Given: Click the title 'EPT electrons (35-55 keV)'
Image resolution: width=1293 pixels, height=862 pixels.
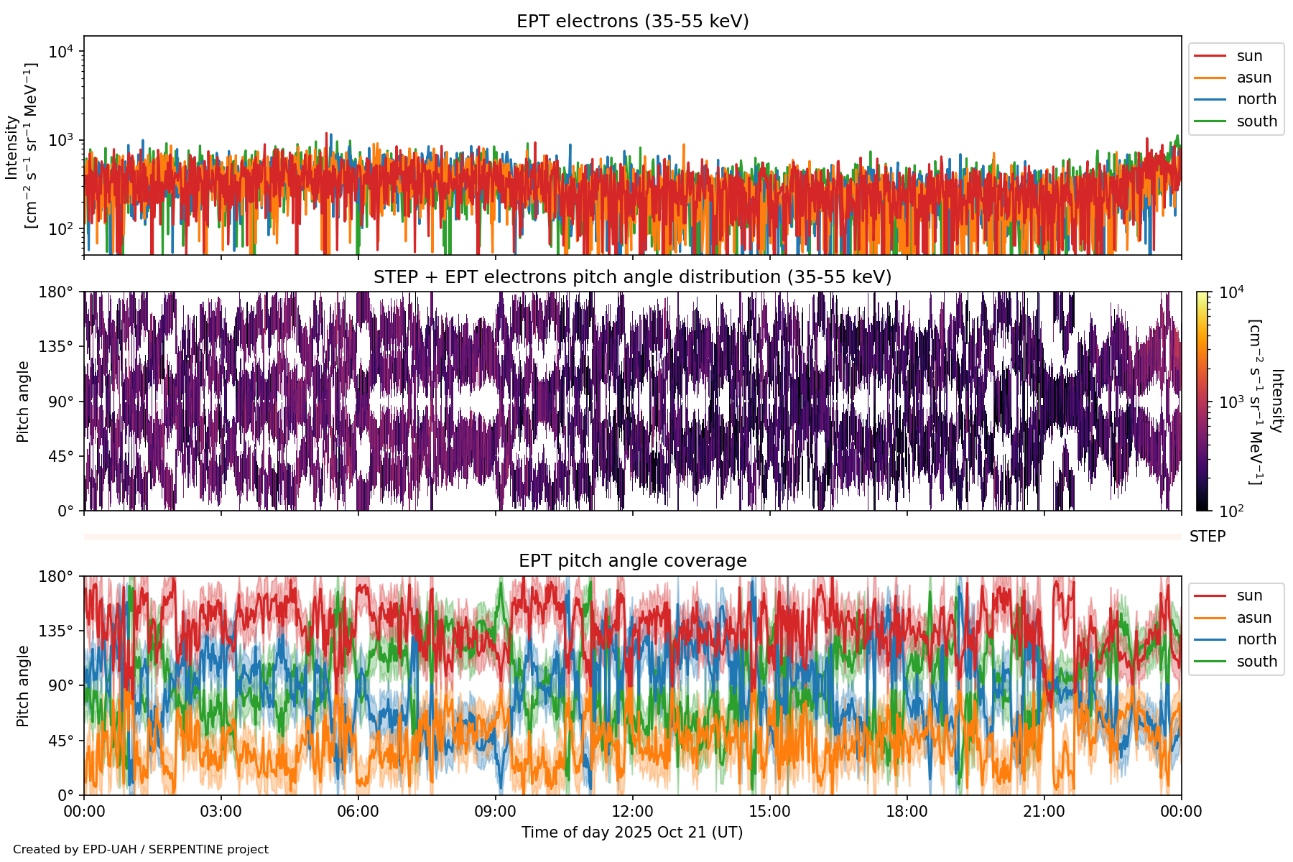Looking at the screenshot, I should pos(632,22).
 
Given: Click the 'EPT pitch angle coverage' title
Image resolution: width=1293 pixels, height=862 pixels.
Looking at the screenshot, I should pos(632,561).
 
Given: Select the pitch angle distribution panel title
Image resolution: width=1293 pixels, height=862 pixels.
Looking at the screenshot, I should pos(632,277).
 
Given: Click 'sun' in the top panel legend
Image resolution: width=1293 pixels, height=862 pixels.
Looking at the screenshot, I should pos(1249,56).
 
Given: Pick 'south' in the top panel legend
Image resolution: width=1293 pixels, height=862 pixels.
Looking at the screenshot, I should pos(1256,121).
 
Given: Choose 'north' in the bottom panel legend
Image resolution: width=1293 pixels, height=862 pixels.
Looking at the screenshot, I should pos(1256,639).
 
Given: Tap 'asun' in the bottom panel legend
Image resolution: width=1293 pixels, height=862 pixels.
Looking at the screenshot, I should pos(1253,618).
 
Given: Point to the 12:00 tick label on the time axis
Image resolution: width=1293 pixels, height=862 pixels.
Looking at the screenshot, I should pos(632,812).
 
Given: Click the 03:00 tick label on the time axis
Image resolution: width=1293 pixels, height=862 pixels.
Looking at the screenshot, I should pos(221,812).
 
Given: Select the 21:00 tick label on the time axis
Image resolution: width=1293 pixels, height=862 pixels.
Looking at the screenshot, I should pos(1044,812).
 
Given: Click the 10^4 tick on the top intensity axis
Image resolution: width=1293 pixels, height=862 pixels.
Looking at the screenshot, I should pos(61,52).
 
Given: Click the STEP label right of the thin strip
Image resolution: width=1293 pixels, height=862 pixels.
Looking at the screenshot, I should pos(1208,537).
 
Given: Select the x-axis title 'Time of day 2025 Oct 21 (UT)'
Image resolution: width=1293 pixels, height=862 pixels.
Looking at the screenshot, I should pos(632,833).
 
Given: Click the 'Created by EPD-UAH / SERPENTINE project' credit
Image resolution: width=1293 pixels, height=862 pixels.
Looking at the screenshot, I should pos(141,850).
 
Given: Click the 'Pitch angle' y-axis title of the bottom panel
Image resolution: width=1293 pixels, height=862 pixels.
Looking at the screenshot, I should pos(23,686).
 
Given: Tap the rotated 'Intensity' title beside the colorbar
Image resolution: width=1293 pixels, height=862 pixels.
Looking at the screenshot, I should pos(1276,401).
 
